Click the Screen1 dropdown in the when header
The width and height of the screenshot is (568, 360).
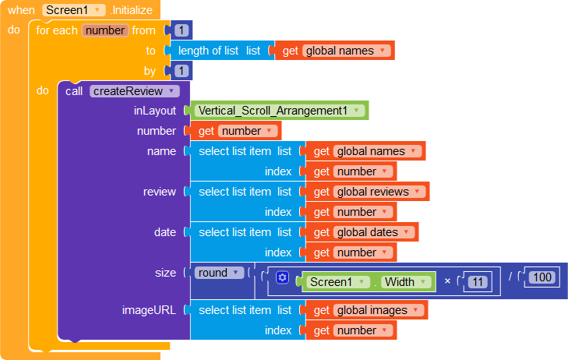point(74,10)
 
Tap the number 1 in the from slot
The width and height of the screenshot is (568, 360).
point(181,30)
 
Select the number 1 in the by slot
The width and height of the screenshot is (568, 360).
point(181,71)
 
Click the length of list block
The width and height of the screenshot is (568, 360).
point(219,51)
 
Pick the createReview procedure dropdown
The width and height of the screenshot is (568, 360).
point(134,91)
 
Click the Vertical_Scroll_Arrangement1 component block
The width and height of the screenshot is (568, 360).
point(279,111)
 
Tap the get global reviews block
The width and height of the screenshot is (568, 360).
point(367,192)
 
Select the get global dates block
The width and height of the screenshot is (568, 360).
point(362,232)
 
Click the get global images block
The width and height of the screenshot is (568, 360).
point(367,310)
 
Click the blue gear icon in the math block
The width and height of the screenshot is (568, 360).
point(282,277)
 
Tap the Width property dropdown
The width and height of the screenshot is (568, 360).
point(406,282)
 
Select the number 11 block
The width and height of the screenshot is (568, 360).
point(478,282)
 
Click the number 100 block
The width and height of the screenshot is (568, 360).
point(542,277)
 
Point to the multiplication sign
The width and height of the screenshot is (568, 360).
point(447,281)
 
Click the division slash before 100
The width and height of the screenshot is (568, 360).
point(510,277)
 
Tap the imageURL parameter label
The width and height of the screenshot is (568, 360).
point(149,310)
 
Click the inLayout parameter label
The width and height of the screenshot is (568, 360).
point(155,111)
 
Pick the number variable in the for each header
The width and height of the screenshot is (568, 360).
point(105,30)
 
